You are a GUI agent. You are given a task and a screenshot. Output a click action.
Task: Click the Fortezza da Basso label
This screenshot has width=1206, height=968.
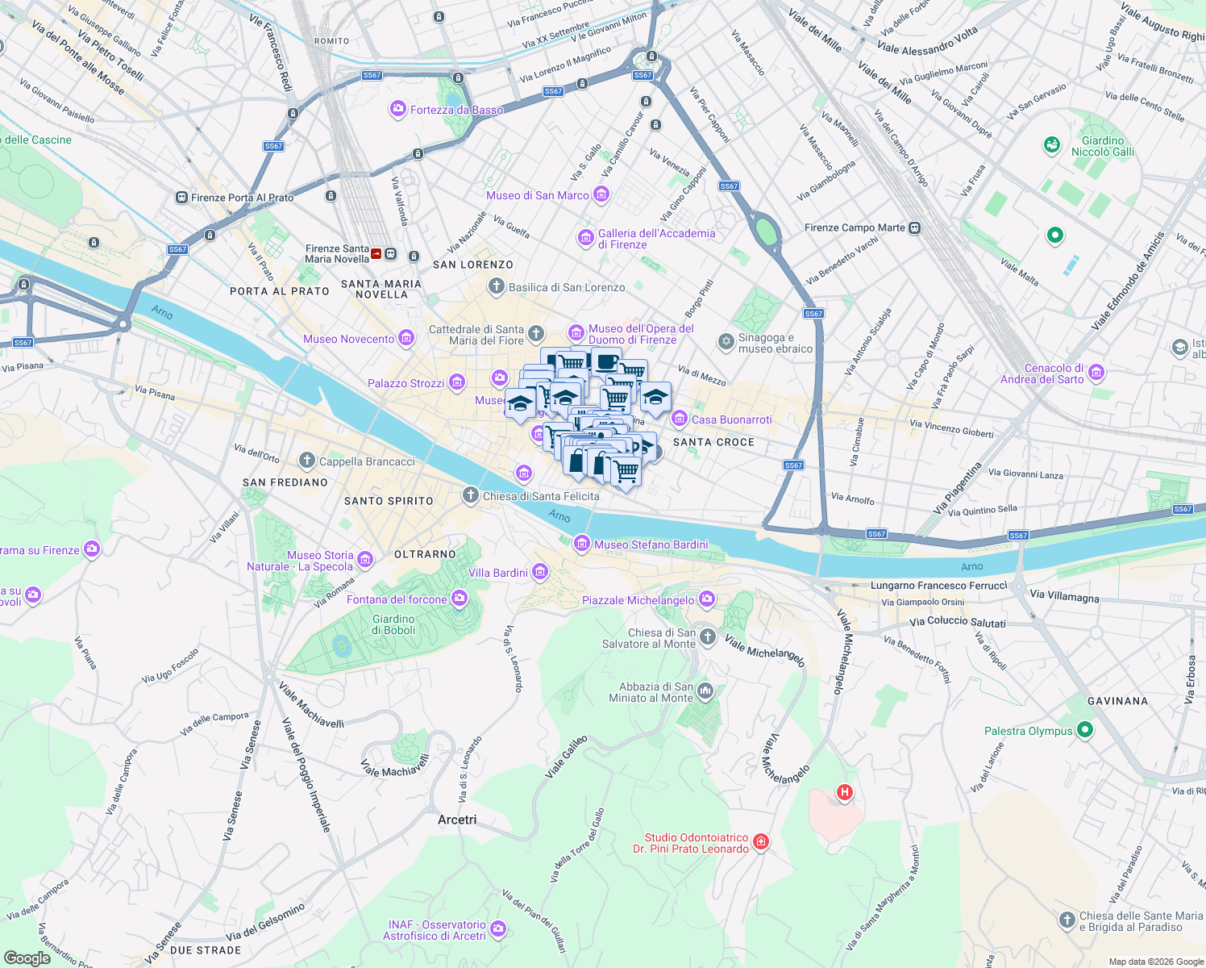tap(456, 110)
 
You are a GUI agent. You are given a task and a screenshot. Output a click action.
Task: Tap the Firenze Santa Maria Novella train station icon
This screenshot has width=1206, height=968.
tap(391, 254)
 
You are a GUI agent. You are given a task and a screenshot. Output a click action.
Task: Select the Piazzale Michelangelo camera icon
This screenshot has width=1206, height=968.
tap(707, 599)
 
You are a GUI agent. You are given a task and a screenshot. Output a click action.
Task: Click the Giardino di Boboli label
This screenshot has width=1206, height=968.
tap(393, 625)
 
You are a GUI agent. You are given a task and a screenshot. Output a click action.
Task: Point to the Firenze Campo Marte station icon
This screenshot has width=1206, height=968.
tap(914, 228)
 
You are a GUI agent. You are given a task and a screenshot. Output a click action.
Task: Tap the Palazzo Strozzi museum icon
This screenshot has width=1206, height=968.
tap(457, 382)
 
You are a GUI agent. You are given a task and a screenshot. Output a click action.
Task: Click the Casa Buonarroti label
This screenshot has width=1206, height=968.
tap(731, 419)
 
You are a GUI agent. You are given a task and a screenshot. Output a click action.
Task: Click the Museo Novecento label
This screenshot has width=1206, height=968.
tap(348, 340)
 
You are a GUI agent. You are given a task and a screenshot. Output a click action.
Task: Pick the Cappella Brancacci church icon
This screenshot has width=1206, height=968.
tap(306, 461)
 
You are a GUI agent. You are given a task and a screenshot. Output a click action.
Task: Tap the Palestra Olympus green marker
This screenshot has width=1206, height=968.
tap(1085, 730)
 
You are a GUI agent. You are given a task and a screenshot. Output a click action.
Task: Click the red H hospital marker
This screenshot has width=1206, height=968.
tap(844, 792)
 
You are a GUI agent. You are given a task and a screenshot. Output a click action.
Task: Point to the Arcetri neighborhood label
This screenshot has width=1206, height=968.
tap(457, 820)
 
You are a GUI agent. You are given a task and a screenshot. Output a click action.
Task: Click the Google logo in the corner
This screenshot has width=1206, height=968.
tap(27, 958)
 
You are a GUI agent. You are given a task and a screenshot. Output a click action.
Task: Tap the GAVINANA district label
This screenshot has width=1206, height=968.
tap(1117, 701)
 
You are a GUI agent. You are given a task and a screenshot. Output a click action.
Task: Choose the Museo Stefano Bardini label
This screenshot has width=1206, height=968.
tap(651, 545)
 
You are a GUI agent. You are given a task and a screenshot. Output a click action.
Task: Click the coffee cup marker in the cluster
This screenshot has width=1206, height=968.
tap(606, 361)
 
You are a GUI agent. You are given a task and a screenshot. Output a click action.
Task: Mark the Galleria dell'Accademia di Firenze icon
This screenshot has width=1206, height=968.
tap(586, 238)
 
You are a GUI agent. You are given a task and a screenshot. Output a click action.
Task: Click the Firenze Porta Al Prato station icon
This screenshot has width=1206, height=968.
tap(181, 198)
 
